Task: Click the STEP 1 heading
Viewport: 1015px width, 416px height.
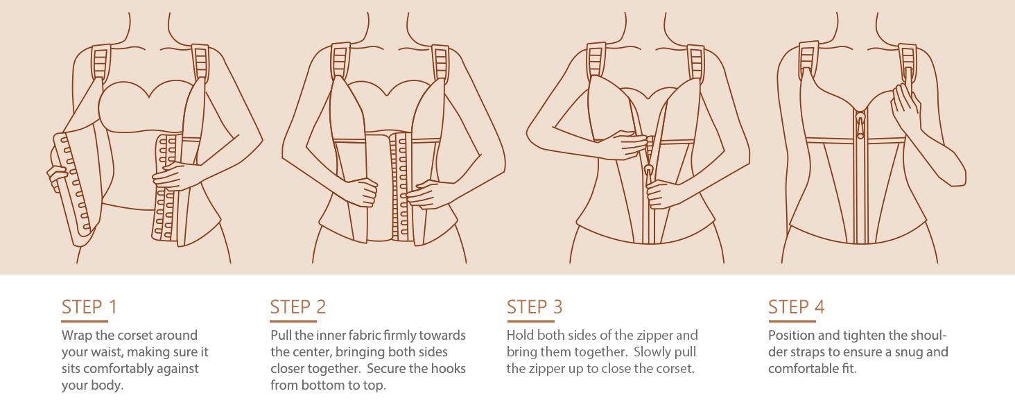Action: (x=89, y=307)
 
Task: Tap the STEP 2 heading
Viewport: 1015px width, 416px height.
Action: (x=298, y=307)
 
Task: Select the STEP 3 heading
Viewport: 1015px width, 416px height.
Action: (x=535, y=307)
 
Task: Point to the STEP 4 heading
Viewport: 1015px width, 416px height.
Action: (x=796, y=307)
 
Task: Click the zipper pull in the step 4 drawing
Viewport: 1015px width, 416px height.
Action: (x=860, y=125)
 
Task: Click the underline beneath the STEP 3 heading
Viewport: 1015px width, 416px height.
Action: (x=530, y=321)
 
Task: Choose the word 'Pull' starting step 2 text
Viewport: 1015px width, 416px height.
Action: (x=281, y=336)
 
